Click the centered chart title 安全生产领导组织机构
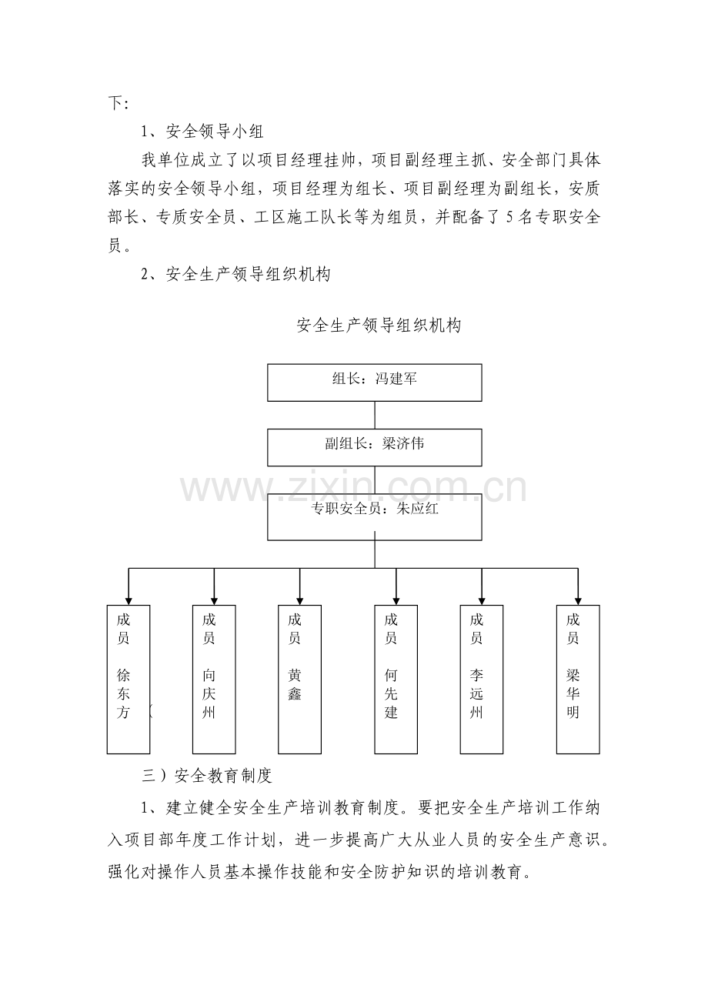[379, 326]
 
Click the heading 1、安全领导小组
[202, 132]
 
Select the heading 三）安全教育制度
[207, 776]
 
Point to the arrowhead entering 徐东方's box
[129, 601]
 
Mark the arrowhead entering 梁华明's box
[578, 601]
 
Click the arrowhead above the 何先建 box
[396, 601]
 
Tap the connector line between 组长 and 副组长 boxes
[375, 415]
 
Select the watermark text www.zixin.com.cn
[353, 488]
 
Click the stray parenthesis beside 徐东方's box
[151, 711]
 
